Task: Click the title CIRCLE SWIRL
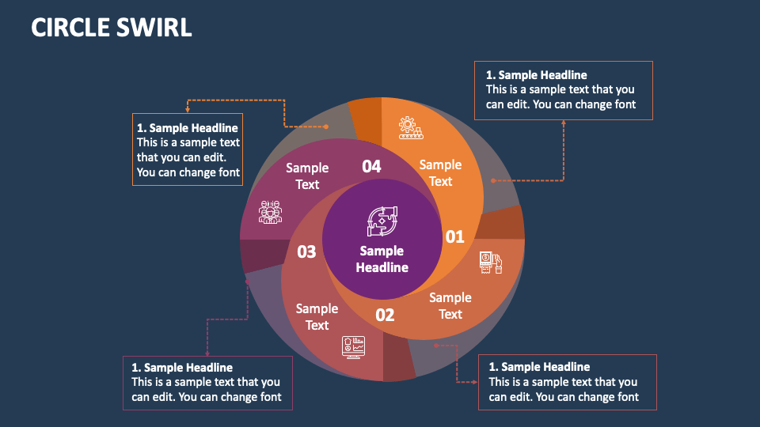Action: [x=112, y=27]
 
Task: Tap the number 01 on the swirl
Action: [x=454, y=236]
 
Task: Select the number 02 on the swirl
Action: [x=385, y=315]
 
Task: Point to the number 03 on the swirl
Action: [x=306, y=251]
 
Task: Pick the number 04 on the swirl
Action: [x=371, y=166]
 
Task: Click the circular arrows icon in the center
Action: [x=382, y=221]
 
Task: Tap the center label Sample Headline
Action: [x=382, y=259]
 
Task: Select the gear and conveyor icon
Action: [x=408, y=127]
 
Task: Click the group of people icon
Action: [x=271, y=212]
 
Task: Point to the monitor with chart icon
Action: [x=354, y=346]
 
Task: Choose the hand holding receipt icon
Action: [x=491, y=263]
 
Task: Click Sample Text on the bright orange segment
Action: [x=440, y=172]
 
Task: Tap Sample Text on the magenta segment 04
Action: [x=307, y=176]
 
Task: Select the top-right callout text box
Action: [x=564, y=90]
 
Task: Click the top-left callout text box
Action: [x=188, y=149]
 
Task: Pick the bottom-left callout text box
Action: [x=207, y=383]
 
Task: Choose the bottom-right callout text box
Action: [x=568, y=382]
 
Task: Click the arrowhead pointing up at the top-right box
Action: [x=564, y=123]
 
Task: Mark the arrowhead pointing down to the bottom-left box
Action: [x=207, y=353]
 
